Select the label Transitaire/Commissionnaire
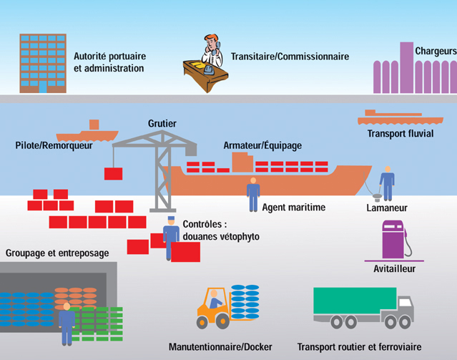[x=290, y=56]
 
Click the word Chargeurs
[x=436, y=51]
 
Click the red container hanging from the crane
[x=113, y=173]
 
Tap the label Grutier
[x=162, y=124]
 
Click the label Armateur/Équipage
[x=262, y=145]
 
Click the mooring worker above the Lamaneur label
[x=387, y=183]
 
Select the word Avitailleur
[x=394, y=269]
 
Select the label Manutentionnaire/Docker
[x=220, y=347]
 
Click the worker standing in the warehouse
[x=67, y=323]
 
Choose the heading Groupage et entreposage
[x=57, y=253]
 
